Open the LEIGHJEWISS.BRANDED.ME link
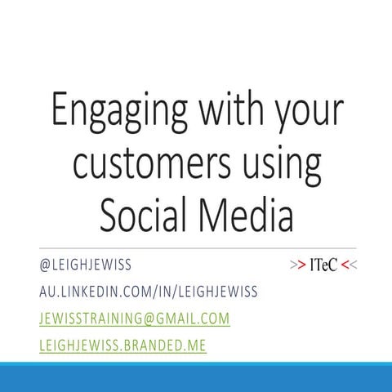click(x=122, y=345)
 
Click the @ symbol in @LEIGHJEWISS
click(x=45, y=265)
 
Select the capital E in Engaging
click(x=60, y=109)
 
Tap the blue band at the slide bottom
click(x=196, y=376)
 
